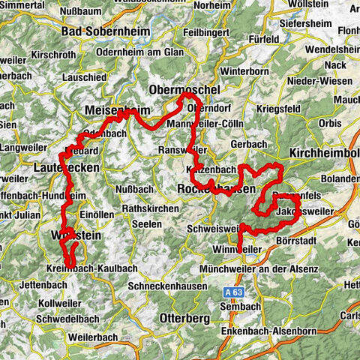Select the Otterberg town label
click(x=184, y=318)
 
